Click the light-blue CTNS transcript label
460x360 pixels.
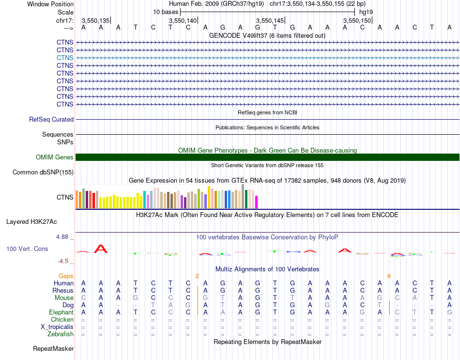pos(65,58)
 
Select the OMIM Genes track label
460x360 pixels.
pos(55,157)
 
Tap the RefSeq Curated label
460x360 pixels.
pos(51,119)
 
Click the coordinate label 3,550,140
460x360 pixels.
pos(183,20)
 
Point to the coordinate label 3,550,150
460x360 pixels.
pos(357,20)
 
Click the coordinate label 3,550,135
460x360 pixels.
pos(95,20)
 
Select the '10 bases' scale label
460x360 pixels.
pos(166,12)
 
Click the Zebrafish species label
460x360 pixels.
pos(61,334)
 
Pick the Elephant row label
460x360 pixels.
pos(61,312)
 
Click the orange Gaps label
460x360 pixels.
pos(66,276)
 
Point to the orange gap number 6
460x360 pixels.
pos(389,276)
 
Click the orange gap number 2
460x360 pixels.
pos(197,276)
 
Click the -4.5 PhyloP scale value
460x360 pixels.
pos(63,261)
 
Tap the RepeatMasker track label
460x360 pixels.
pos(53,348)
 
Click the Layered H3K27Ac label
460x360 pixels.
pos(31,222)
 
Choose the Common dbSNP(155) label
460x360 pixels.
pos(43,172)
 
